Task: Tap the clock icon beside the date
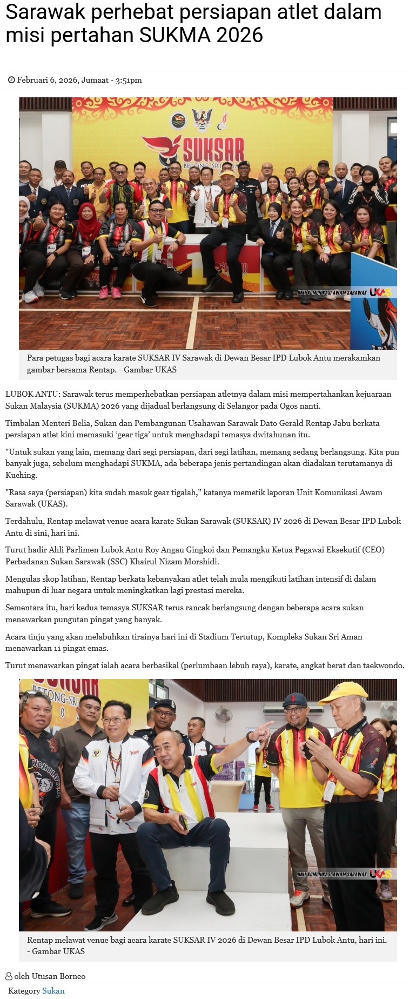tap(11, 80)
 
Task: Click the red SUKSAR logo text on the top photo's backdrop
tap(213, 148)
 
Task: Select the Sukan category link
tap(53, 991)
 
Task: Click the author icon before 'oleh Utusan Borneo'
tap(9, 976)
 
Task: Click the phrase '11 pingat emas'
tap(82, 648)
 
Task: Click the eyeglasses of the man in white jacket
tap(114, 720)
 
